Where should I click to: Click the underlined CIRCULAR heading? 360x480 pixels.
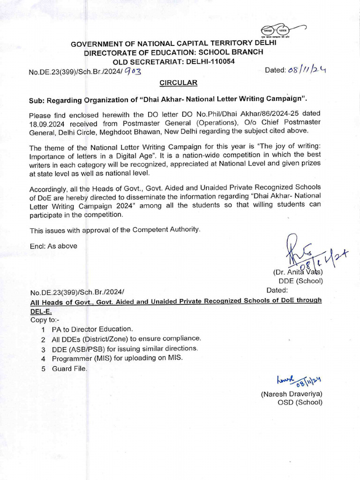click(178, 82)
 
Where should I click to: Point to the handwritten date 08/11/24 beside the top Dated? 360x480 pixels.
click(307, 69)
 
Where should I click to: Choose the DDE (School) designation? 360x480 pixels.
click(301, 281)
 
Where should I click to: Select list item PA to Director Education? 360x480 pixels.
click(92, 329)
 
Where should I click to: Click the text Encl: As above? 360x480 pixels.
click(53, 246)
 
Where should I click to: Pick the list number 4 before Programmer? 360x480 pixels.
click(43, 359)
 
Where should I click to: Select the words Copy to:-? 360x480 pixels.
click(45, 320)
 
